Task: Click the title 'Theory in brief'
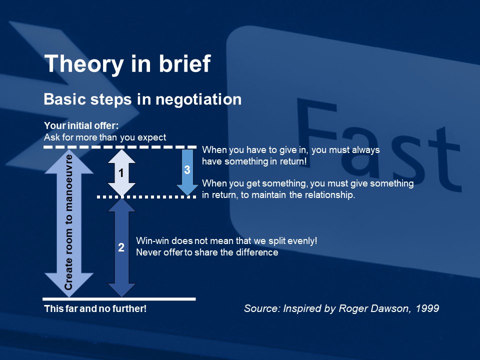[x=127, y=64]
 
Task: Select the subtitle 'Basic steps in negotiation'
[x=142, y=99]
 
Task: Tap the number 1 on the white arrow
[x=121, y=173]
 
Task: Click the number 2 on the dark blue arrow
[x=121, y=247]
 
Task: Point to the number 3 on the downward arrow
[x=187, y=170]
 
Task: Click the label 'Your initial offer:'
[x=81, y=125]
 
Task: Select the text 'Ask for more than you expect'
[x=105, y=137]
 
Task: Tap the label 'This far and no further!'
[x=95, y=308]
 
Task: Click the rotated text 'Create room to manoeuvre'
[x=68, y=222]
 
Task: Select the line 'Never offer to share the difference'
[x=207, y=252]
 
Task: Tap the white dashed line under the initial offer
[x=120, y=147]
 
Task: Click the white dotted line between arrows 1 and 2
[x=146, y=197]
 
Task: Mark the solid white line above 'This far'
[x=119, y=299]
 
